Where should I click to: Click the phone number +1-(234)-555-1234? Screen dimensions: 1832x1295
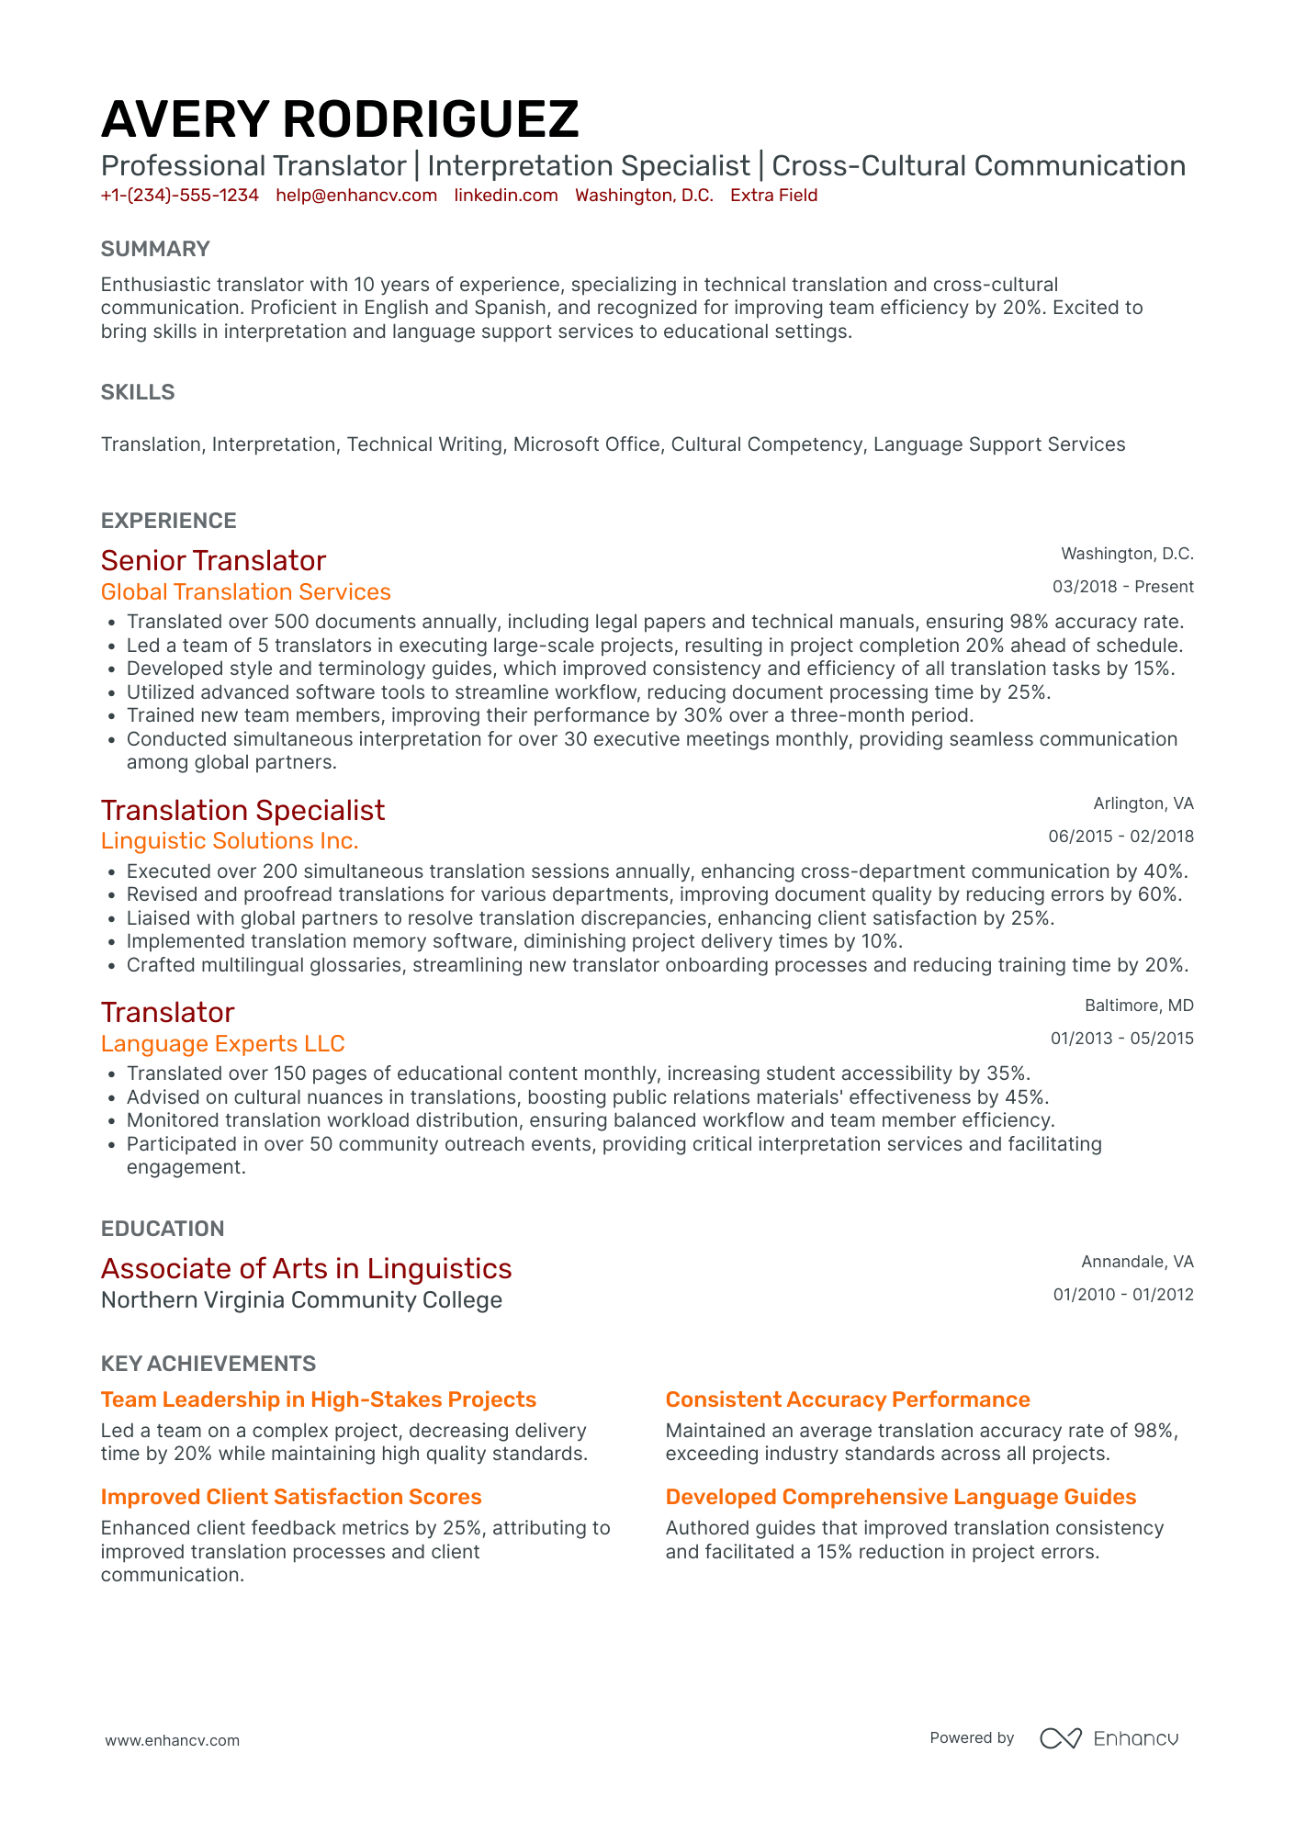pyautogui.click(x=179, y=196)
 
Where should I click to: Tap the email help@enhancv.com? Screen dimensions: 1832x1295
pyautogui.click(x=356, y=196)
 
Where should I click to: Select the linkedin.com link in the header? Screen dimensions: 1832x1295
pyautogui.click(x=506, y=196)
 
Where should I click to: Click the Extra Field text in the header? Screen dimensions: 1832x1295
pyautogui.click(x=773, y=196)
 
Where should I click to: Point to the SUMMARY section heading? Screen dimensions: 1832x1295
pyautogui.click(x=155, y=249)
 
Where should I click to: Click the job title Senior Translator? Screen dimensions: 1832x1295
pyautogui.click(x=213, y=560)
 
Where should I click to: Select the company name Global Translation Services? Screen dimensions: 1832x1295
pyautogui.click(x=245, y=592)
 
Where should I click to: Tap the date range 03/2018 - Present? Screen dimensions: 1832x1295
pyautogui.click(x=1122, y=587)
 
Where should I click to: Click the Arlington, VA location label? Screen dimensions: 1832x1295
pyautogui.click(x=1143, y=804)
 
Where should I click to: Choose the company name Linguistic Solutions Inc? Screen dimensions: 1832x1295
pyautogui.click(x=230, y=841)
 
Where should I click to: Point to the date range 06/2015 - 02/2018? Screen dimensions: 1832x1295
pyautogui.click(x=1120, y=837)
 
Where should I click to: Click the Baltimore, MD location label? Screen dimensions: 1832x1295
pyautogui.click(x=1139, y=1006)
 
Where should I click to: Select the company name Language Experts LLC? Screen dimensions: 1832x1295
pyautogui.click(x=222, y=1044)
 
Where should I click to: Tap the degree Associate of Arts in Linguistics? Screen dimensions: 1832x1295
pyautogui.click(x=306, y=1268)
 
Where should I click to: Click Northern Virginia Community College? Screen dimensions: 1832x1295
pyautogui.click(x=301, y=1300)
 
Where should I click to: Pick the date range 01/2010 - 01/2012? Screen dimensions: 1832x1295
pyautogui.click(x=1122, y=1295)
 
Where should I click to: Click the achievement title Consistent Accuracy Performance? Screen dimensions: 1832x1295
pyautogui.click(x=847, y=1399)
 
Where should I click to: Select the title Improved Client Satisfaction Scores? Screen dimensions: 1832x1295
pyautogui.click(x=290, y=1497)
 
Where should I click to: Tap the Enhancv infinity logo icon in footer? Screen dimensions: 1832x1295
pyautogui.click(x=1060, y=1738)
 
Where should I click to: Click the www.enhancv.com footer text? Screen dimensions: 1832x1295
pyautogui.click(x=172, y=1740)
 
